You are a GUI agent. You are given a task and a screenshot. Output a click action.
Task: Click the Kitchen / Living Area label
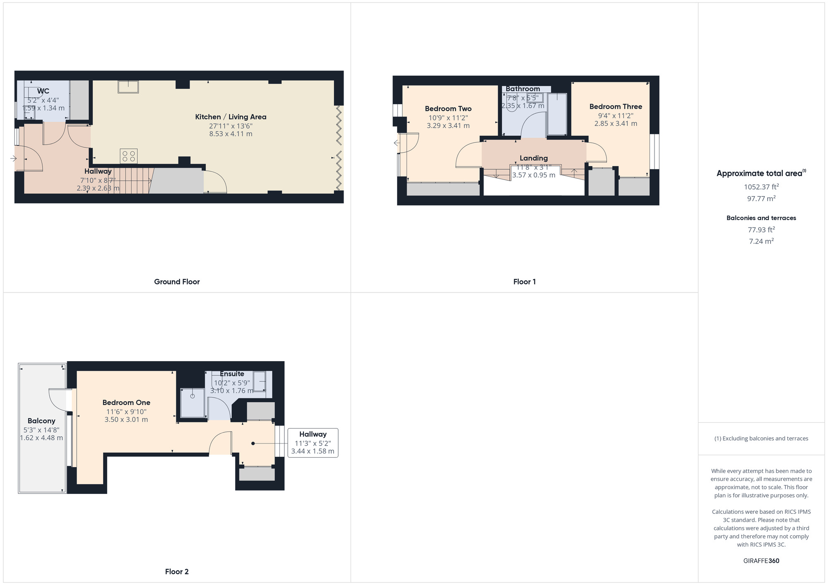231,117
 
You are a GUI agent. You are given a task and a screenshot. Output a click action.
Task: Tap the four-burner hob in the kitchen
129,156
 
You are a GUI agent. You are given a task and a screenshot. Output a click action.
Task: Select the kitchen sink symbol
128,87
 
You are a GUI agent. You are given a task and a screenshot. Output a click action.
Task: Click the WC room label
43,91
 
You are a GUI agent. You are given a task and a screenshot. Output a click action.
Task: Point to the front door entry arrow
13,158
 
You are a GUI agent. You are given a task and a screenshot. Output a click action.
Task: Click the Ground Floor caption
177,282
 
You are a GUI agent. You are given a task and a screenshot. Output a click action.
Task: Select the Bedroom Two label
448,109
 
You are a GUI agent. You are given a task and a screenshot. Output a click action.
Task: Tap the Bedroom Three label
616,107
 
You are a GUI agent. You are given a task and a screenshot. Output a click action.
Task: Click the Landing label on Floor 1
534,158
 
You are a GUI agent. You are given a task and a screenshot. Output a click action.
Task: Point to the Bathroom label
522,89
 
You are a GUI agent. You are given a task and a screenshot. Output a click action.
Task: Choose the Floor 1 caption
525,282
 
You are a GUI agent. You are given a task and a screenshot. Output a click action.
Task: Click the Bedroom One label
126,403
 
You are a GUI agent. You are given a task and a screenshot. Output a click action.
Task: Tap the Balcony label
41,421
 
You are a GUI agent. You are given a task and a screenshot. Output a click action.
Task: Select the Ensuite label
232,374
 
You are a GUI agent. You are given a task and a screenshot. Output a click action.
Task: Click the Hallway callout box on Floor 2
313,443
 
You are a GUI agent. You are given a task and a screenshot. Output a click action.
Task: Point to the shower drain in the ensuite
193,396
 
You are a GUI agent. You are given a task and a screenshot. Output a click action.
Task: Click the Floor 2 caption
177,572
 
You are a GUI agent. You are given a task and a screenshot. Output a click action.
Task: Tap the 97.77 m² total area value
761,199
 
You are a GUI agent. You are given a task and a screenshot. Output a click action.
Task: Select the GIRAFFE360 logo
761,561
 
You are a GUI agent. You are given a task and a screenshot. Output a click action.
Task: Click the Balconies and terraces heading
761,218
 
